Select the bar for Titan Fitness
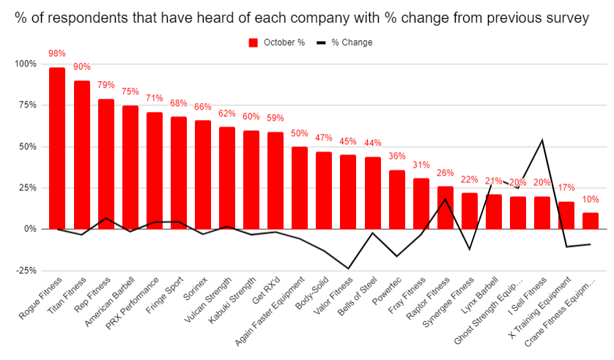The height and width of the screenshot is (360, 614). [x=81, y=154]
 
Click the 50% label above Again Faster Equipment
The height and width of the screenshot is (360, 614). [x=300, y=133]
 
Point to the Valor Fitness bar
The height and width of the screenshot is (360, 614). [x=348, y=192]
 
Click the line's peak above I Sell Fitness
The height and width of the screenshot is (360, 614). [x=541, y=140]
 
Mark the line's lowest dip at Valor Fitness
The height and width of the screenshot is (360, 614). [x=348, y=269]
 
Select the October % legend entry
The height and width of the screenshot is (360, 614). [x=277, y=42]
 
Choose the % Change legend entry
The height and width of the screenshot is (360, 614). [x=344, y=42]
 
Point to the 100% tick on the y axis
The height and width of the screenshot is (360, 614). [x=25, y=64]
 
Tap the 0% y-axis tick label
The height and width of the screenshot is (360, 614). [x=29, y=229]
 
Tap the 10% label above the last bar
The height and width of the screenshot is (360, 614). [x=591, y=199]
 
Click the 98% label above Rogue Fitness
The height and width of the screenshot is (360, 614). [x=57, y=53]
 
